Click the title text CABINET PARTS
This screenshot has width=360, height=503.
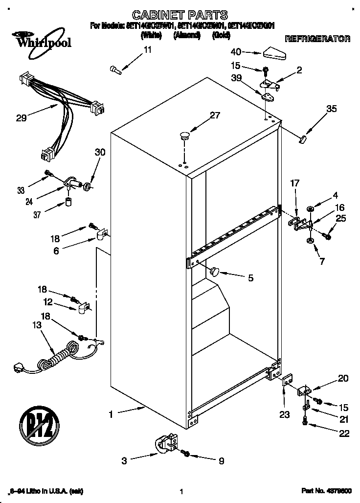(180, 15)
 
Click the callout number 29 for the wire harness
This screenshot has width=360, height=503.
(21, 117)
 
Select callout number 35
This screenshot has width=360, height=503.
(331, 109)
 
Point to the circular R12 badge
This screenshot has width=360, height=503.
(39, 423)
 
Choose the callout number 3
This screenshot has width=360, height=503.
(125, 460)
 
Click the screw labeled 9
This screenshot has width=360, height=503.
(185, 453)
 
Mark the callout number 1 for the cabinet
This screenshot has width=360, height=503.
(111, 414)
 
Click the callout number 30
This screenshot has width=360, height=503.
(100, 152)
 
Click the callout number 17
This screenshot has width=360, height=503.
(294, 184)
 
